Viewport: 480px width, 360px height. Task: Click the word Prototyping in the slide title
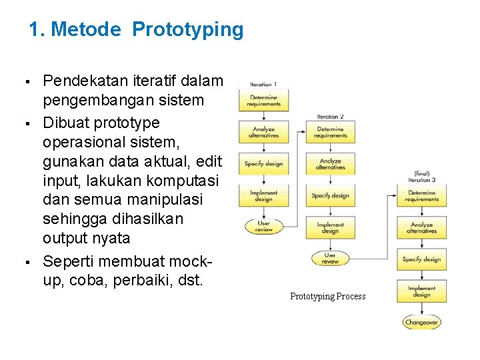[188, 30]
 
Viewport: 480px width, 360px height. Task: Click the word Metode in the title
[87, 30]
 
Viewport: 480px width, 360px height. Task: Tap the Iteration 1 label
[263, 85]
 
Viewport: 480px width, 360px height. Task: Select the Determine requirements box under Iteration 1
[263, 100]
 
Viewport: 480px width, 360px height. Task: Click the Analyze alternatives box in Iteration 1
[263, 132]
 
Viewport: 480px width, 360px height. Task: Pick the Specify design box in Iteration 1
[263, 164]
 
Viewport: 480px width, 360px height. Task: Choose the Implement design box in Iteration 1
[263, 195]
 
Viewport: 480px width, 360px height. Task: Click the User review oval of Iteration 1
[263, 226]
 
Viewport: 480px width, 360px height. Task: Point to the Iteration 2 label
[331, 117]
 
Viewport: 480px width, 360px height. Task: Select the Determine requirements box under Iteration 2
[331, 132]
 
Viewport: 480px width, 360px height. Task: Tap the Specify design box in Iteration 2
[331, 195]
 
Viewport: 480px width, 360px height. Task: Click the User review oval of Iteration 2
[331, 259]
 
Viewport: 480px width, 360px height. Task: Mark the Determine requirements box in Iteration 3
[421, 195]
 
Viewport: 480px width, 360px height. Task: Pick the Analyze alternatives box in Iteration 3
[421, 227]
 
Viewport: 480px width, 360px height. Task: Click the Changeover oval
[421, 323]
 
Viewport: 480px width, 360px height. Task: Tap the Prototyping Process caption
[328, 296]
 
